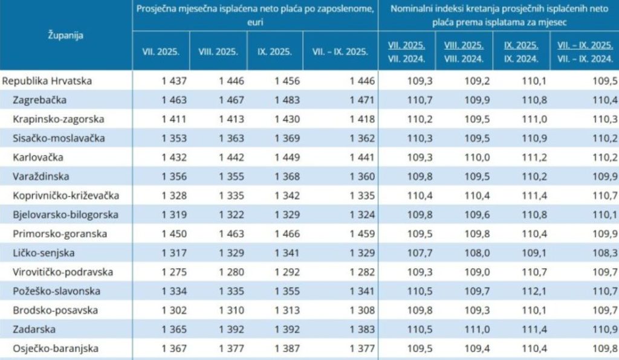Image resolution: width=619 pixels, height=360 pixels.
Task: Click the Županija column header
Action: point(65,34)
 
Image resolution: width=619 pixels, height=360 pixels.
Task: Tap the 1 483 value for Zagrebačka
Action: point(287,100)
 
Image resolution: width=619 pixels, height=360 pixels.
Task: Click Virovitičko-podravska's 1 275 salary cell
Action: point(174,272)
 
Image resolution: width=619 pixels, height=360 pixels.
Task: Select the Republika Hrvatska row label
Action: point(47,80)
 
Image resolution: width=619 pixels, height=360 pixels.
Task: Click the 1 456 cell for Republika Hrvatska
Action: point(287,80)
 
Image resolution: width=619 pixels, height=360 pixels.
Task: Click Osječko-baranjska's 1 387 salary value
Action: point(287,349)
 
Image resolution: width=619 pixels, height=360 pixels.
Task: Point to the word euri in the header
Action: point(254,21)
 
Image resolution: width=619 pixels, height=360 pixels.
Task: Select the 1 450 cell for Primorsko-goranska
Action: point(174,234)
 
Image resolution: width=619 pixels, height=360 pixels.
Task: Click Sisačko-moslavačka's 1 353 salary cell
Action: point(174,138)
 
